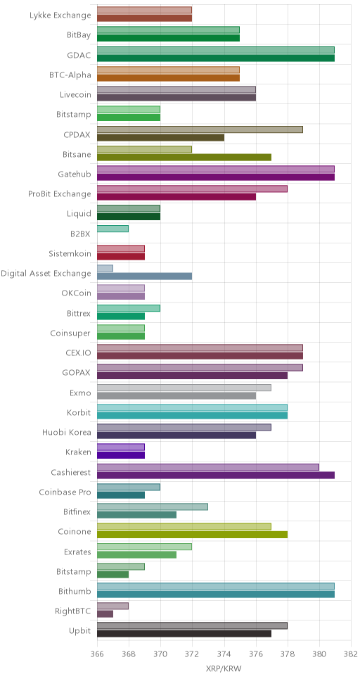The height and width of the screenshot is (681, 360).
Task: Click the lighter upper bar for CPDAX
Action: (x=200, y=129)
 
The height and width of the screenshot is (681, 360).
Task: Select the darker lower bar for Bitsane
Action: (x=184, y=157)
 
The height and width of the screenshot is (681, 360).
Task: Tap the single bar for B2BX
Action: (x=112, y=229)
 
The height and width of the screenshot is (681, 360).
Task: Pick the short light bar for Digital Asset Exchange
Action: (x=105, y=269)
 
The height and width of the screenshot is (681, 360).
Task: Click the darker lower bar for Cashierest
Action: (x=216, y=475)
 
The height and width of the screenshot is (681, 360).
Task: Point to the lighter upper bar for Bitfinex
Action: (x=153, y=507)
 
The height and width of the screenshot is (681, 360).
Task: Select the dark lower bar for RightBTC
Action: (x=105, y=614)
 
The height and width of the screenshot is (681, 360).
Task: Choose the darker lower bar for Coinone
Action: (x=192, y=535)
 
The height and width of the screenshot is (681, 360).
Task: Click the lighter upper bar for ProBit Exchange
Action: (x=192, y=189)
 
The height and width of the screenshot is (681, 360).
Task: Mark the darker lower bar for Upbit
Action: (x=184, y=634)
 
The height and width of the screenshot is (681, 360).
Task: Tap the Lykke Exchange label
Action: (x=60, y=15)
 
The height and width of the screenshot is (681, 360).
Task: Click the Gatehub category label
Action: (x=75, y=174)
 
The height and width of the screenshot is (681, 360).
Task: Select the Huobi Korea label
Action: (x=67, y=433)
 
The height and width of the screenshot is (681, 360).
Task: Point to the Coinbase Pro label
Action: (x=65, y=492)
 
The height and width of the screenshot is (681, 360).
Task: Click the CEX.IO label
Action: (x=77, y=353)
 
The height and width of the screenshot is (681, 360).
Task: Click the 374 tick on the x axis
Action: (x=224, y=654)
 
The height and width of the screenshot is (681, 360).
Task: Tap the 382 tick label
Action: (x=351, y=654)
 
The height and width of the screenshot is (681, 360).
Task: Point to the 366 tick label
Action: (x=97, y=654)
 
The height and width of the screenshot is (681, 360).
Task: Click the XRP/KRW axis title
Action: (x=224, y=669)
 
